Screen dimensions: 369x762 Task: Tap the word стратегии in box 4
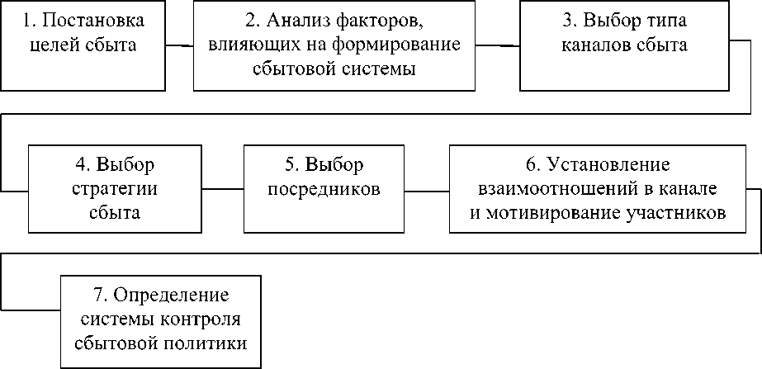coord(115,187)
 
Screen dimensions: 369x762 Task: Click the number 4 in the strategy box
coord(78,163)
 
